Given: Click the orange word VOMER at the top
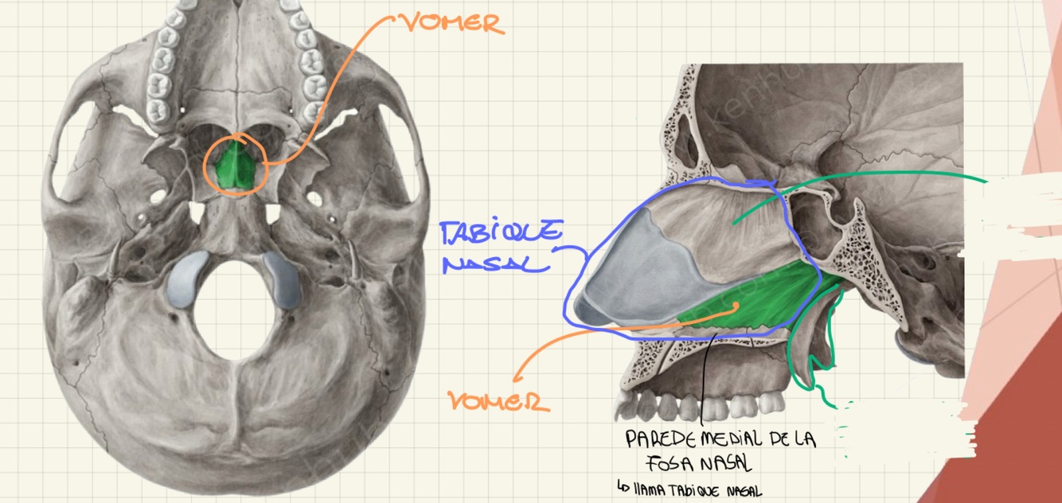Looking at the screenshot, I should click(x=453, y=23).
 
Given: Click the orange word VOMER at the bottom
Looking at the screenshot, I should click(x=499, y=400).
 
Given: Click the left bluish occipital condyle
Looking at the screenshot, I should click(x=185, y=279).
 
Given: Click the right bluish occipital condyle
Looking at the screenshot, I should click(x=283, y=279).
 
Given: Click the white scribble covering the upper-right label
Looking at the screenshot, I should click(x=1011, y=215).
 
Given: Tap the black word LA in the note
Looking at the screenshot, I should click(x=805, y=439).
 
